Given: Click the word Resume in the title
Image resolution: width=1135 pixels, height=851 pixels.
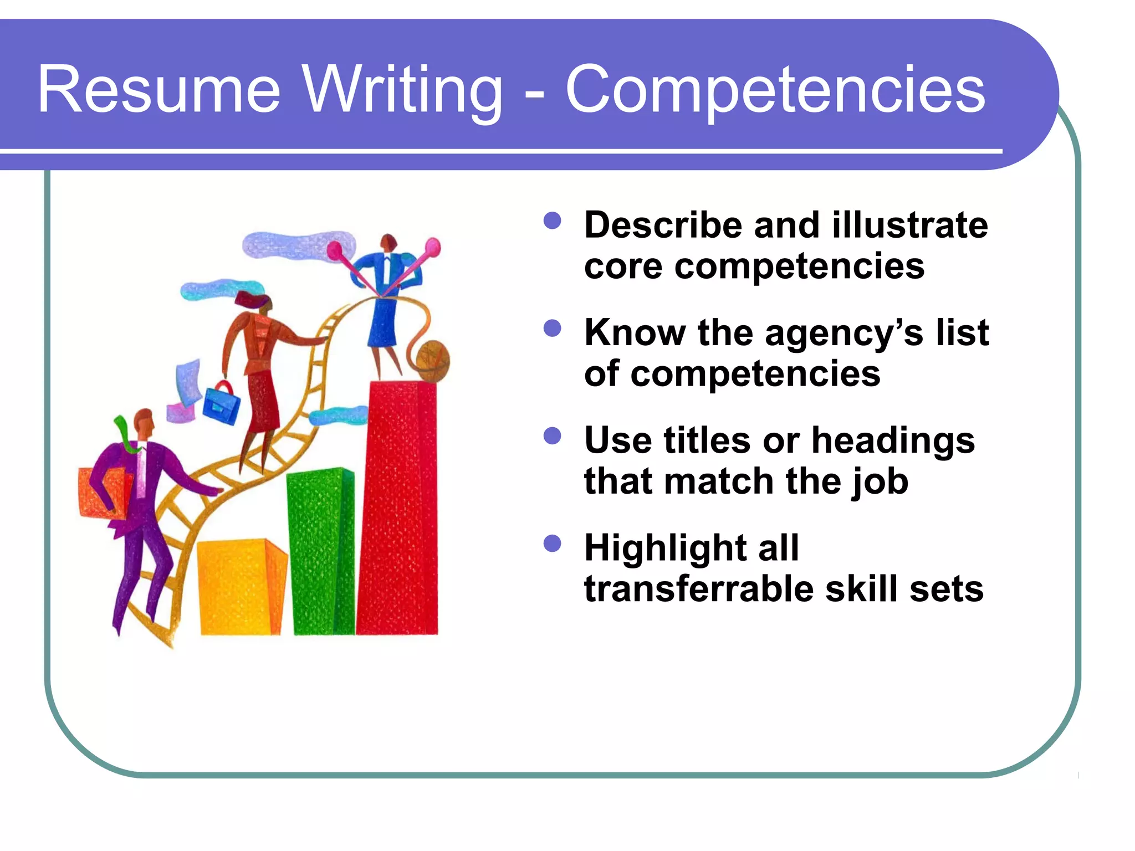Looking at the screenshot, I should coord(159,90).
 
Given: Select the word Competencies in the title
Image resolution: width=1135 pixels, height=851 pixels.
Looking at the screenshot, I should coord(775,90).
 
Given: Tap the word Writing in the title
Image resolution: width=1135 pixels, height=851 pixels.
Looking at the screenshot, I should coord(403,90).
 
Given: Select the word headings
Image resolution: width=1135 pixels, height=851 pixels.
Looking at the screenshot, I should coord(893,440).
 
